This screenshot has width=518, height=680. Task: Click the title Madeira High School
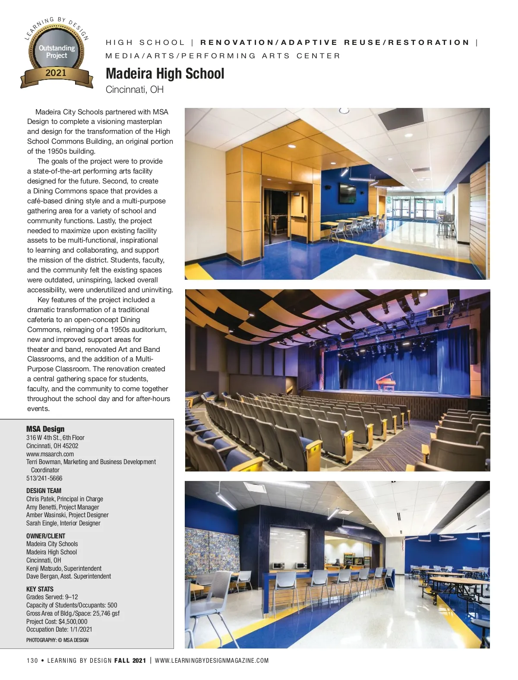click(x=165, y=74)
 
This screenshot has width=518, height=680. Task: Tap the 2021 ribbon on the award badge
click(x=56, y=73)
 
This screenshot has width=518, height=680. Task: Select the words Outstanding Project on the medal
click(x=57, y=51)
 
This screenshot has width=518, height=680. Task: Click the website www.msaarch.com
click(x=50, y=454)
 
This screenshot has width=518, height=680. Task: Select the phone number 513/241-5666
click(x=44, y=478)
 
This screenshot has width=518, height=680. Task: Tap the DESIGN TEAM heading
click(x=44, y=490)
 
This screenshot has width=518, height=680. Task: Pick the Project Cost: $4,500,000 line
click(x=57, y=621)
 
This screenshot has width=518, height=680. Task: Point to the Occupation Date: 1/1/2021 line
click(x=59, y=629)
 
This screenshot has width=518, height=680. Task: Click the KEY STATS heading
click(x=40, y=589)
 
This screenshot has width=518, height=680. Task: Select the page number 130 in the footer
click(x=32, y=661)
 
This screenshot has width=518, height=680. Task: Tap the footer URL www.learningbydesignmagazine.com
click(x=212, y=661)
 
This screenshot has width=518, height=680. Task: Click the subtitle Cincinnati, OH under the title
click(x=135, y=90)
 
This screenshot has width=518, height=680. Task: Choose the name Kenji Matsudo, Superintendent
click(x=64, y=568)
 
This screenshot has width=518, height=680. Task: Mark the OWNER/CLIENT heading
click(x=46, y=536)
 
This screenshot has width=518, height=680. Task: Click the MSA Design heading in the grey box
click(x=45, y=429)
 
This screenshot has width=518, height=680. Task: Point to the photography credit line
click(x=57, y=640)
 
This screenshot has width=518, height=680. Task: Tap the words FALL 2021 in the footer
click(x=130, y=661)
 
